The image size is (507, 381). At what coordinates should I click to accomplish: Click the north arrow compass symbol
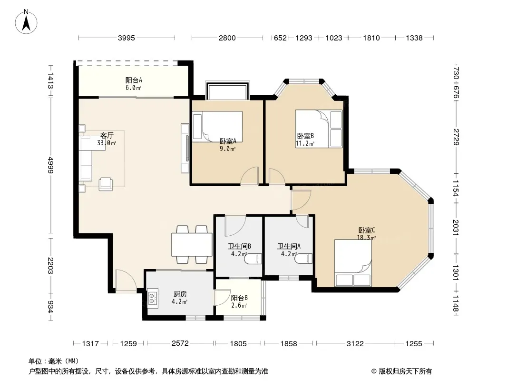pyautogui.click(x=26, y=22)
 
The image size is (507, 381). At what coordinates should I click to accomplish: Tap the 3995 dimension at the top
pyautogui.click(x=126, y=38)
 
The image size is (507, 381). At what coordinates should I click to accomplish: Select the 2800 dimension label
pyautogui.click(x=227, y=38)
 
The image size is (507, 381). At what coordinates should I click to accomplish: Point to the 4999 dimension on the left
pyautogui.click(x=50, y=165)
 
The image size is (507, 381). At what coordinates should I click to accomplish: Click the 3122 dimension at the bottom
pyautogui.click(x=355, y=343)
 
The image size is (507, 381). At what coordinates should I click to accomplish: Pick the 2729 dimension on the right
pyautogui.click(x=456, y=137)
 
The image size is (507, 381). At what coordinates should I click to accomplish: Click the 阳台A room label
pyautogui.click(x=134, y=80)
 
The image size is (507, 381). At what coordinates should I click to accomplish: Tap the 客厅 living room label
pyautogui.click(x=107, y=135)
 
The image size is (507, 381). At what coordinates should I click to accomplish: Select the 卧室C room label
pyautogui.click(x=366, y=230)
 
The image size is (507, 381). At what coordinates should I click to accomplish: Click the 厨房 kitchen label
pyautogui.click(x=180, y=294)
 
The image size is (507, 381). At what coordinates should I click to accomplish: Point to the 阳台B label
pyautogui.click(x=239, y=298)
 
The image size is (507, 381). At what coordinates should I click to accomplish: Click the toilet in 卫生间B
pyautogui.click(x=253, y=259)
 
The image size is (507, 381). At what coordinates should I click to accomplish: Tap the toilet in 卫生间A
pyautogui.click(x=304, y=259)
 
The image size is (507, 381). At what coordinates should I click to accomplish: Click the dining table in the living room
pyautogui.click(x=192, y=244)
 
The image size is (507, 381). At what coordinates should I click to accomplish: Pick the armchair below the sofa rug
pyautogui.click(x=106, y=184)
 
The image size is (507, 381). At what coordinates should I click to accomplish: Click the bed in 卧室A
pyautogui.click(x=217, y=126)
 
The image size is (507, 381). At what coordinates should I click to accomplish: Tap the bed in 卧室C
pyautogui.click(x=353, y=263)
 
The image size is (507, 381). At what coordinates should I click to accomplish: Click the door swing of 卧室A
pyautogui.click(x=250, y=176)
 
